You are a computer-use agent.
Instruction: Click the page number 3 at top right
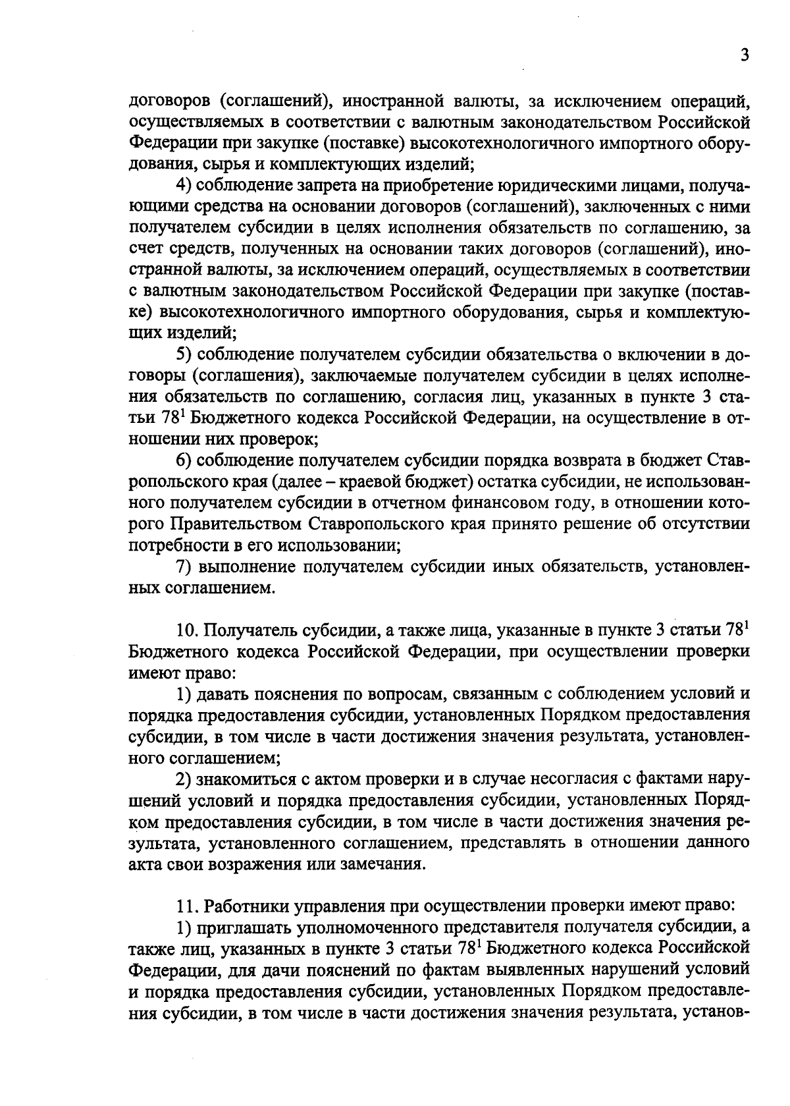coord(744,55)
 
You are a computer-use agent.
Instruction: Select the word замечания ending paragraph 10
coord(380,865)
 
